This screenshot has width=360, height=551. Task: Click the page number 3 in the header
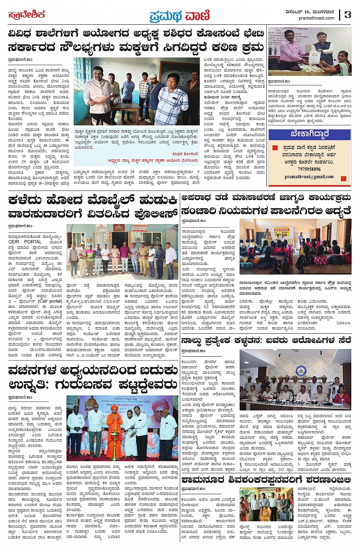347,14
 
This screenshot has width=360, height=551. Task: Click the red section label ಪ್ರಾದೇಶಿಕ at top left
27,15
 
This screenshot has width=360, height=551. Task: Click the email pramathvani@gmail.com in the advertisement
309,176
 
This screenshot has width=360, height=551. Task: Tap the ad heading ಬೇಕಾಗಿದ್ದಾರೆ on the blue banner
309,134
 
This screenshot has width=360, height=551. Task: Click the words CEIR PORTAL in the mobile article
25,242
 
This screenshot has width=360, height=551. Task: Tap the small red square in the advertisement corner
344,178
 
